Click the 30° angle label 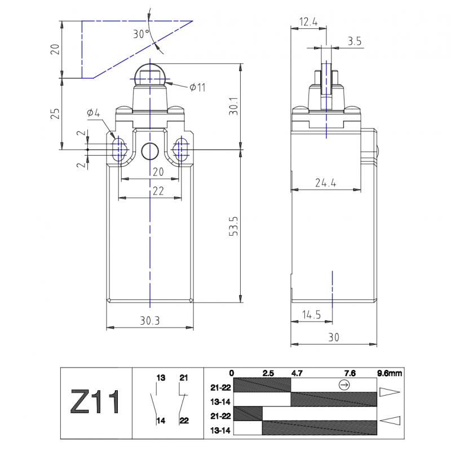(x=142, y=34)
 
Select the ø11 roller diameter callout (x=197, y=87)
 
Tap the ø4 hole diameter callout (x=93, y=113)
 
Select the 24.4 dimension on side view (x=325, y=182)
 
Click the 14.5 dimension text (x=311, y=315)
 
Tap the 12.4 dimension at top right (x=308, y=23)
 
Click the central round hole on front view (x=150, y=151)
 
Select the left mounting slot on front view (x=119, y=150)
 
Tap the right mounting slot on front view (x=181, y=150)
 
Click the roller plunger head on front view (x=150, y=74)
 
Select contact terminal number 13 (x=161, y=377)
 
